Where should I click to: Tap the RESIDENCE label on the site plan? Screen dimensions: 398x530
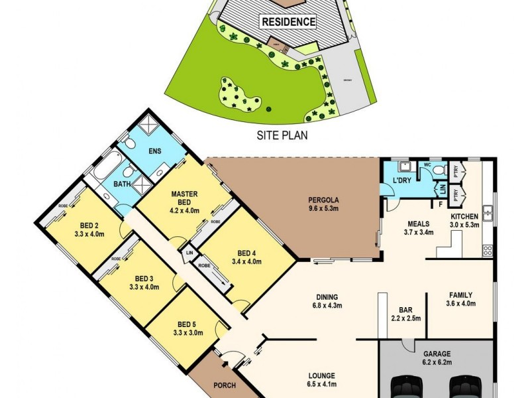point(289,21)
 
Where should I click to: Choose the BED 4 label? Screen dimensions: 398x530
point(245,253)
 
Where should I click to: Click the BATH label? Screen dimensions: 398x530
point(122,183)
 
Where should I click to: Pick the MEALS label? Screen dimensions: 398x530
point(419,224)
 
